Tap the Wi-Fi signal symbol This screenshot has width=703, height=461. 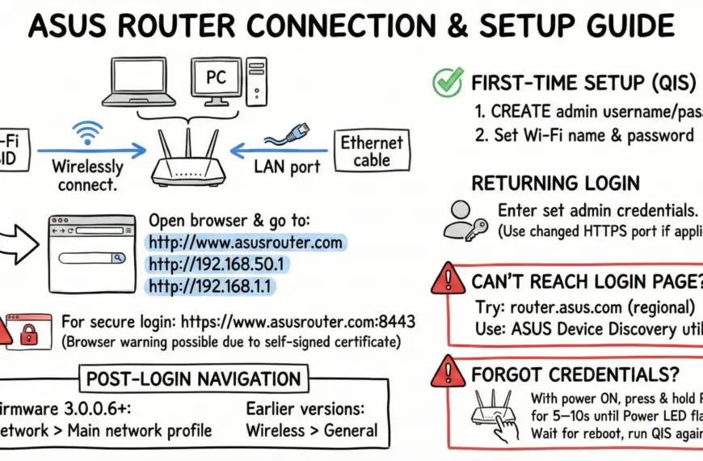(87, 132)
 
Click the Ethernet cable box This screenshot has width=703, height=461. (371, 152)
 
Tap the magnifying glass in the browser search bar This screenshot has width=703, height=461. (118, 258)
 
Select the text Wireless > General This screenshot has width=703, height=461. (311, 430)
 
